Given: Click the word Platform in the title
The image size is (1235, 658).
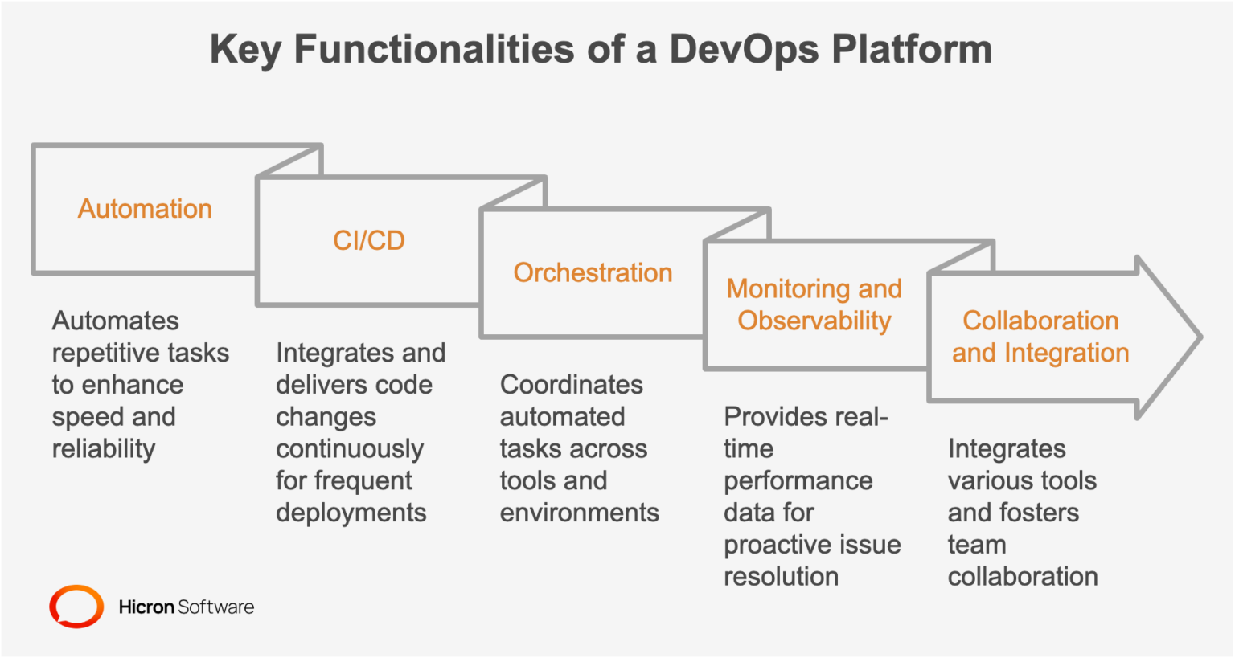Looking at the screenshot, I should coord(912,49).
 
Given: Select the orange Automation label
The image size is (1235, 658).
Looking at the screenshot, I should coord(145,209).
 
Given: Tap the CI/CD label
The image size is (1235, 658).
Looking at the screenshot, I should coord(369,241).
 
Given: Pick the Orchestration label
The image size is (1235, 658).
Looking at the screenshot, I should coord(593,273).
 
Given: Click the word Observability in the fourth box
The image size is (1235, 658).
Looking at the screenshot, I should coord(814,321).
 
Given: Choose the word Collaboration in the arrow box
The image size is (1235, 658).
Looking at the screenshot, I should coord(1040,321).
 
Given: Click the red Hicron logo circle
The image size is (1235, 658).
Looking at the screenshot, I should coord(76,607).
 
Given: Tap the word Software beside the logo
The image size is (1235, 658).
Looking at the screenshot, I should coord(215,607).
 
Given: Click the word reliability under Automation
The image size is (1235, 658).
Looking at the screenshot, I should coord(104,449).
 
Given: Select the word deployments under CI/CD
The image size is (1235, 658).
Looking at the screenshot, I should coord(351,513).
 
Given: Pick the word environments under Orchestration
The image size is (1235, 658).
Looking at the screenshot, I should coord(579,513).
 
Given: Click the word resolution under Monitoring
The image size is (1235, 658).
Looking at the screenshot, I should coord(781,577).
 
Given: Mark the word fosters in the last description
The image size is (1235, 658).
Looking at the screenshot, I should coord(1040,513).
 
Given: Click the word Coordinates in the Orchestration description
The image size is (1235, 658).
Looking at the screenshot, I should coord(571,385).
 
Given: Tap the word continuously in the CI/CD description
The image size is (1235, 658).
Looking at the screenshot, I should coord(349,449).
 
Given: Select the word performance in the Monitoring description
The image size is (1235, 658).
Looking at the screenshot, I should coord(798,480).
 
